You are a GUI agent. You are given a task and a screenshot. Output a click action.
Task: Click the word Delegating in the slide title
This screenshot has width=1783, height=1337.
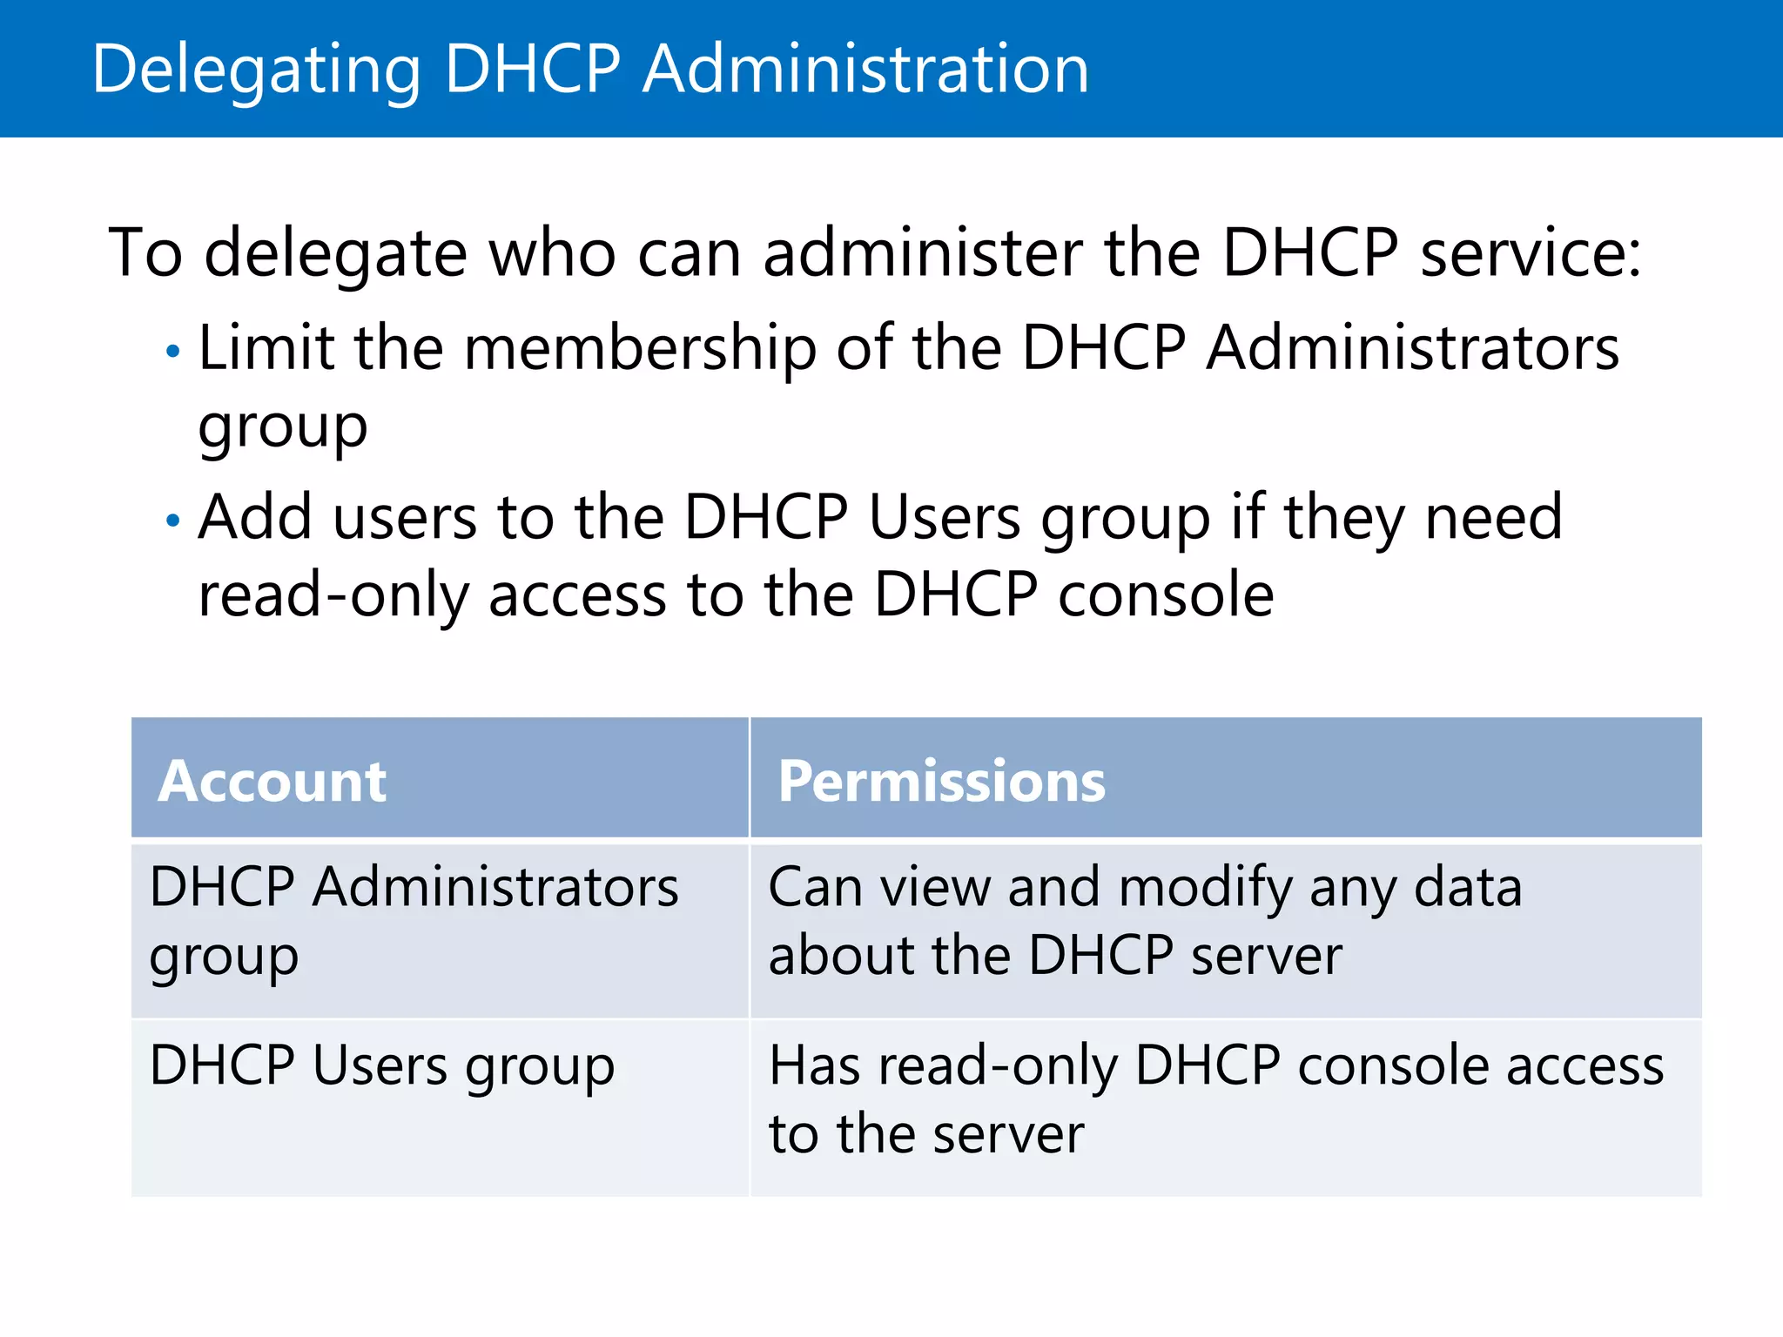click(x=256, y=70)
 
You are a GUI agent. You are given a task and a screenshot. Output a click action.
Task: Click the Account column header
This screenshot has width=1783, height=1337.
click(x=272, y=781)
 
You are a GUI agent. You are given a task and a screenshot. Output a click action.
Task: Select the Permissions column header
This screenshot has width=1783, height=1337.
click(x=941, y=781)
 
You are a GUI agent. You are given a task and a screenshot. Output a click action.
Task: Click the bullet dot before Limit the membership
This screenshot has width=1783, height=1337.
click(x=173, y=352)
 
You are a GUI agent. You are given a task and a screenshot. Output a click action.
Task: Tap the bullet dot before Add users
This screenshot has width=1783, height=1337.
click(x=173, y=521)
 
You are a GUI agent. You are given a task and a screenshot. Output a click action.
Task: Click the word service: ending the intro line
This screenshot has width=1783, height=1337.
click(x=1531, y=253)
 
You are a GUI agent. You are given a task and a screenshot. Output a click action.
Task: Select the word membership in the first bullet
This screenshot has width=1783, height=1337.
click(x=640, y=348)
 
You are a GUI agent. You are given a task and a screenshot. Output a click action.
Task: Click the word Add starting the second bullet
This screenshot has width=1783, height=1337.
click(x=254, y=517)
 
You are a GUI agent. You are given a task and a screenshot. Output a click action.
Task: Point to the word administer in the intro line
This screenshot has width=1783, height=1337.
click(x=923, y=253)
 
